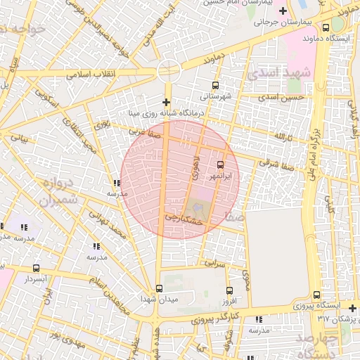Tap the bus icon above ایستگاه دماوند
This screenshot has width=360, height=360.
point(325,27)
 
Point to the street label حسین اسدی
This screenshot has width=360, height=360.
point(281,97)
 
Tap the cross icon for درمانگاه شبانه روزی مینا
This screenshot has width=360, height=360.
point(167,103)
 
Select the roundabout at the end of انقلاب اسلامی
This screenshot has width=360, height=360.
point(169,70)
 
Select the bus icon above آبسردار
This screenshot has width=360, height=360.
point(37,268)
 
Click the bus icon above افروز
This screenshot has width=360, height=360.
point(229,290)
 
